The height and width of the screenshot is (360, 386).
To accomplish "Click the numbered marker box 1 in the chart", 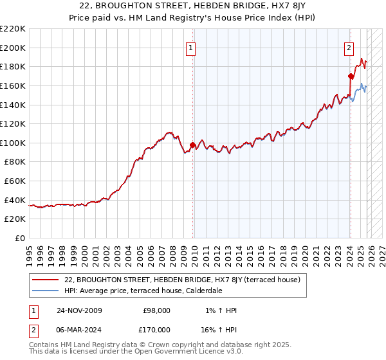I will (192, 46).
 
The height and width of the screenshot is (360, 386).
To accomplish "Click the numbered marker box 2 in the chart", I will (349, 46).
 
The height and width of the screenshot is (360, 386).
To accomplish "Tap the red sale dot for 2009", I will (192, 145).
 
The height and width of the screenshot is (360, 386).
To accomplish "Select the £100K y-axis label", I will (14, 143).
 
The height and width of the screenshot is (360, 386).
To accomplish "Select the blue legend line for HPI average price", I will (45, 291).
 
